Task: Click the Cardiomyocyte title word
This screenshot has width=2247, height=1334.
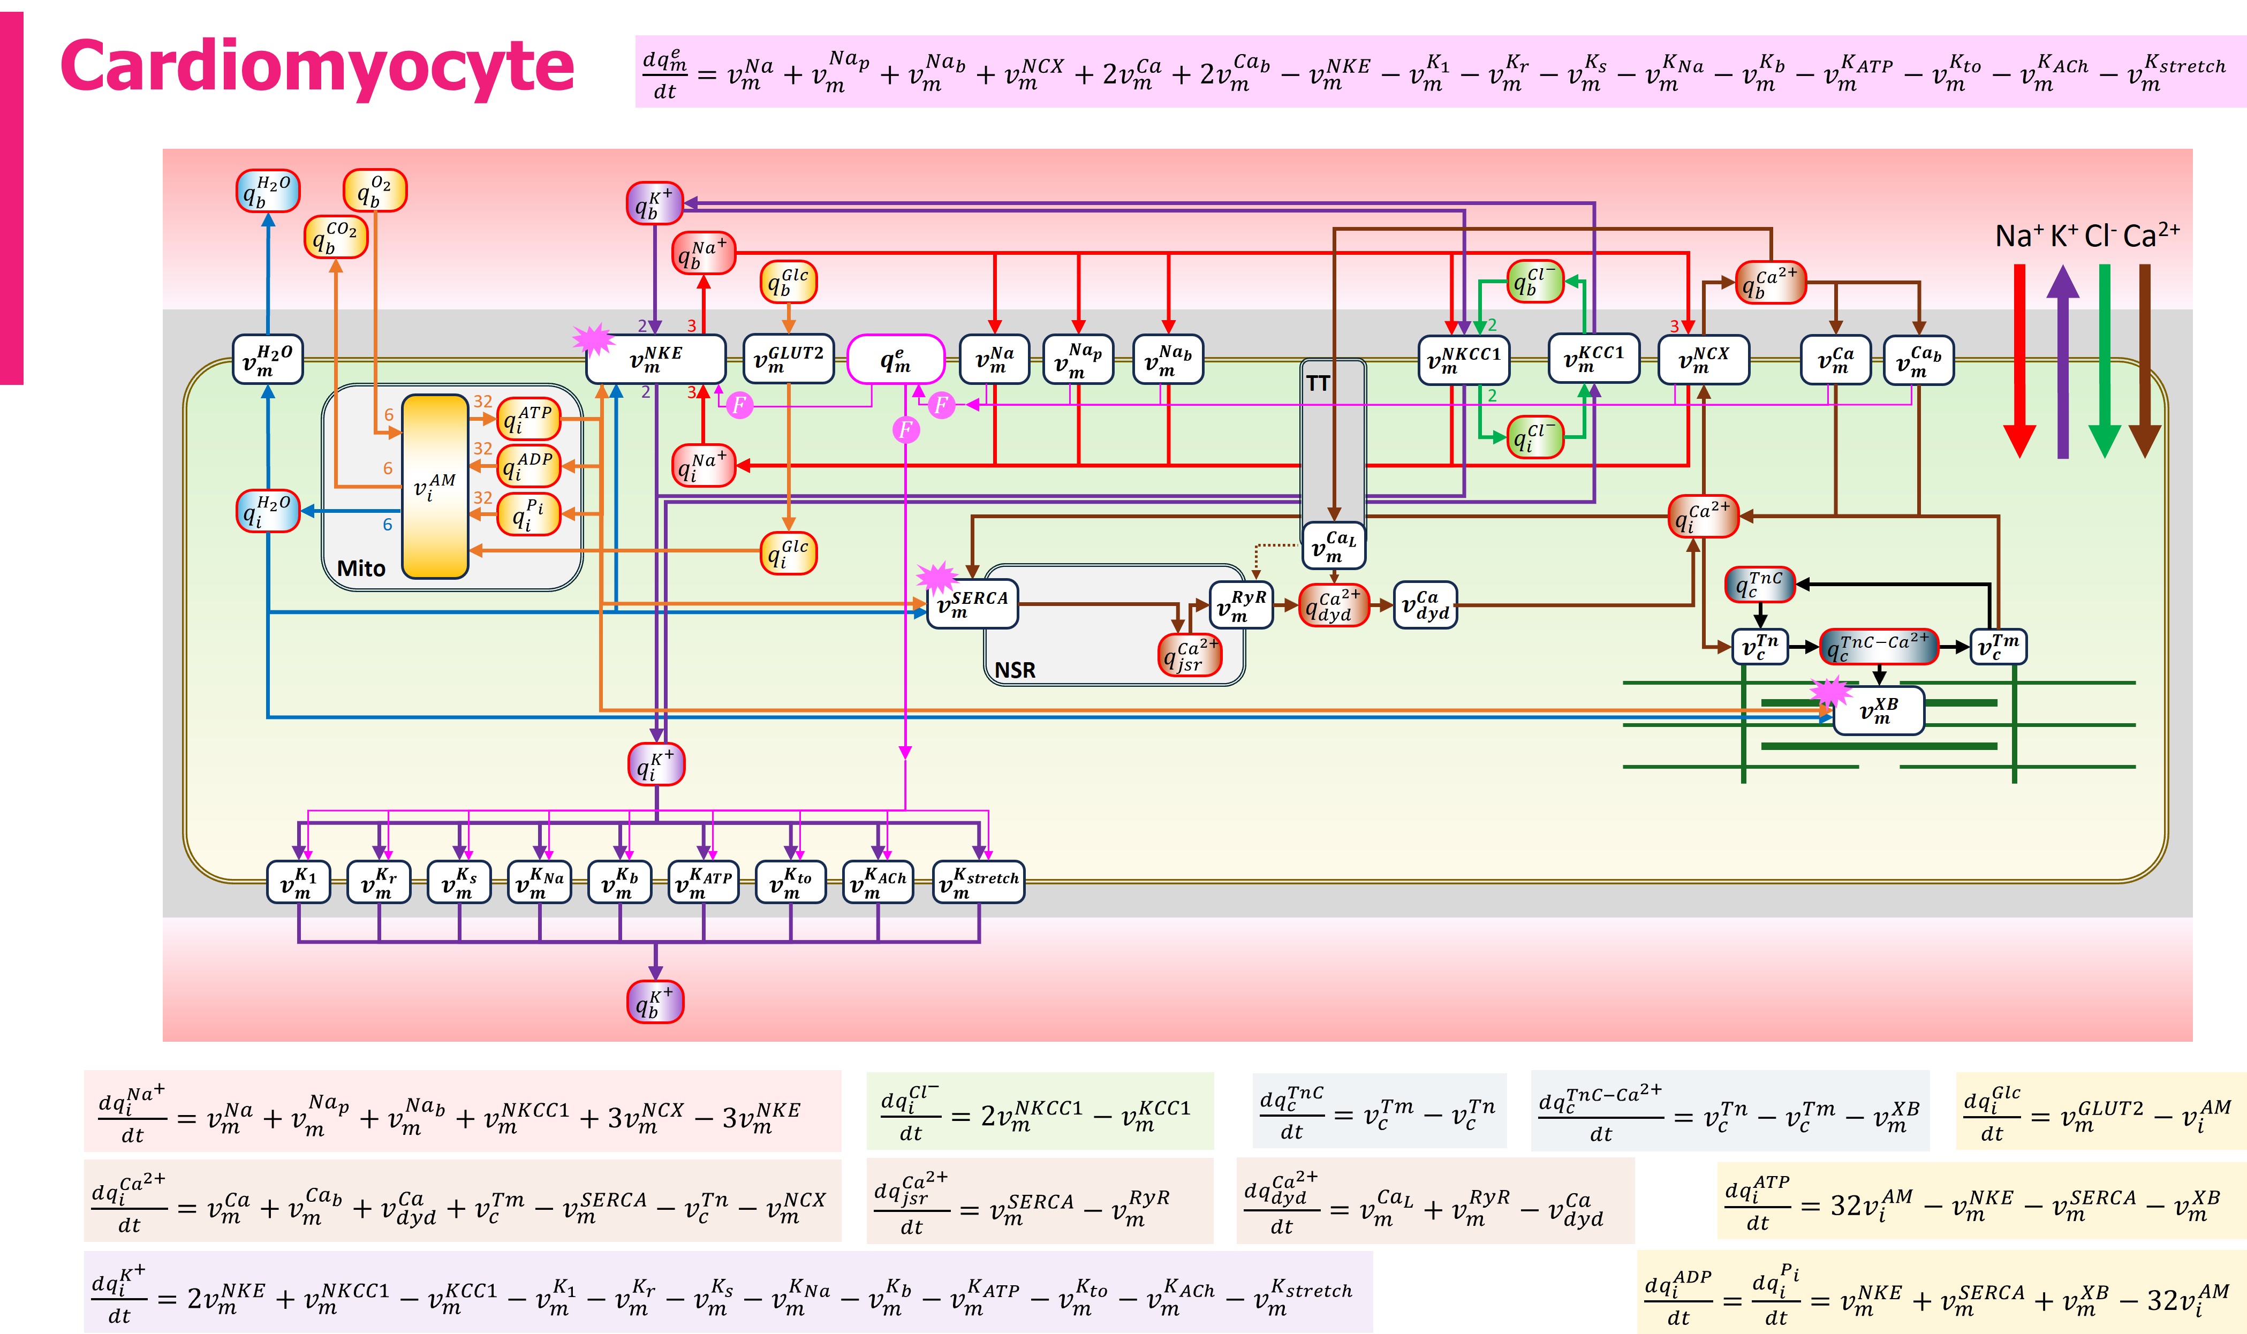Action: [x=316, y=66]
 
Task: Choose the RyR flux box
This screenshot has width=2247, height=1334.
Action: [x=1240, y=604]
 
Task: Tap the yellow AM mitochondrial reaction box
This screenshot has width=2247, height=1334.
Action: [x=435, y=486]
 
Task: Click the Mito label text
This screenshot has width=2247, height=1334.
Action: [x=360, y=568]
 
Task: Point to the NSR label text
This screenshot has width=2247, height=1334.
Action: [x=1015, y=670]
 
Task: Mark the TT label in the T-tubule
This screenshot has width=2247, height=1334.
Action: [x=1318, y=384]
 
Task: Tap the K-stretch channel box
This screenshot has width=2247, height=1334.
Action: [x=978, y=882]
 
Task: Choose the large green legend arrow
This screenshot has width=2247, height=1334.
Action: [x=2104, y=360]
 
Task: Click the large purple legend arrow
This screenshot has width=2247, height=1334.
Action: [x=2063, y=360]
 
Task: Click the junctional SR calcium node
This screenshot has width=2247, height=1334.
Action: [x=1189, y=654]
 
